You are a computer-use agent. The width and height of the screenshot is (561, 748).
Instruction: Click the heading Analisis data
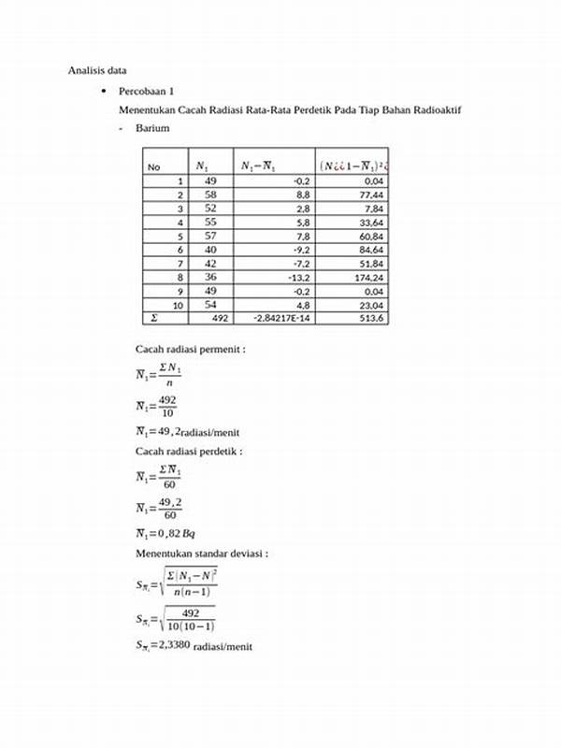[x=97, y=70]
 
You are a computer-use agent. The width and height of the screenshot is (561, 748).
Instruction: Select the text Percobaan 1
[x=146, y=93]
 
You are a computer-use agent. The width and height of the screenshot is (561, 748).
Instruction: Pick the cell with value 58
[x=209, y=194]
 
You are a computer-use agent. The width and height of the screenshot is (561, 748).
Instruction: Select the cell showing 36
[x=209, y=278]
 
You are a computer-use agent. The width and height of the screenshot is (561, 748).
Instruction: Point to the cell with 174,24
[x=372, y=278]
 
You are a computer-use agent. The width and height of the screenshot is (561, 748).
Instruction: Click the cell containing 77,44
[x=372, y=194]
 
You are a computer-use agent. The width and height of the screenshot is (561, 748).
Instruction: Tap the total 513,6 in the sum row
[x=373, y=319]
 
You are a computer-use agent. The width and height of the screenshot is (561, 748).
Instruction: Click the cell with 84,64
[x=372, y=250]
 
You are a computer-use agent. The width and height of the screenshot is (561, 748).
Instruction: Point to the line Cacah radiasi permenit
[x=190, y=349]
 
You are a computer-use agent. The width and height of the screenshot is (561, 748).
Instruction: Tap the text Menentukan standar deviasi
[x=202, y=554]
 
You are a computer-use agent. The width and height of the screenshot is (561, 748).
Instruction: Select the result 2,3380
[x=164, y=645]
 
